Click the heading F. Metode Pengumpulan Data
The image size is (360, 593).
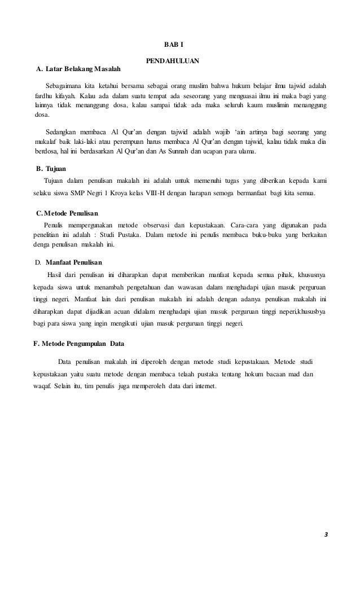[79, 343]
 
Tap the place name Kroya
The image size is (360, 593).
[131, 194]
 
